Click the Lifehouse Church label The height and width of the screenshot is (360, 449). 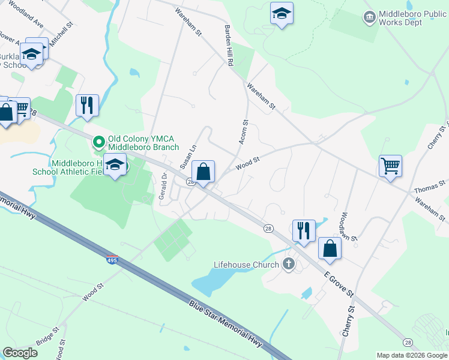pyautogui.click(x=247, y=265)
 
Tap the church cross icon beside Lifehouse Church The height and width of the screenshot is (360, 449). pyautogui.click(x=289, y=264)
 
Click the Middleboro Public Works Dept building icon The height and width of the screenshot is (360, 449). pyautogui.click(x=370, y=16)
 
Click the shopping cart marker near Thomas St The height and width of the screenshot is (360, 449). pyautogui.click(x=390, y=165)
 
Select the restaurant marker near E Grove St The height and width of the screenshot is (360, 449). pyautogui.click(x=304, y=230)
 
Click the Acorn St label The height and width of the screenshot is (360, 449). pyautogui.click(x=244, y=131)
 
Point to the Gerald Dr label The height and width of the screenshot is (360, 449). pyautogui.click(x=163, y=187)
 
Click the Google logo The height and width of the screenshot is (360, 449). pyautogui.click(x=20, y=353)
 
